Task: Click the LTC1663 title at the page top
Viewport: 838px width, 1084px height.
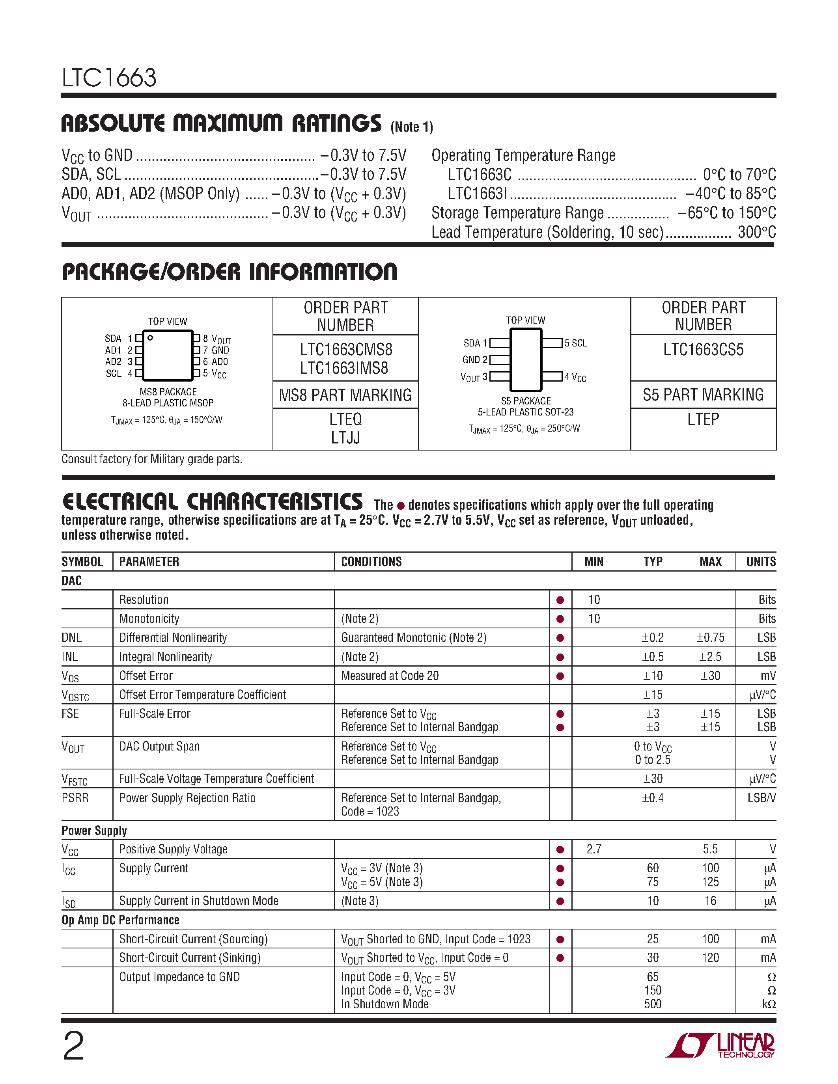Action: pos(109,78)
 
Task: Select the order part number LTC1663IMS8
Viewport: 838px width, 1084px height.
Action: pos(343,368)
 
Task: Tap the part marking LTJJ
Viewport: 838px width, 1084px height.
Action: pos(345,438)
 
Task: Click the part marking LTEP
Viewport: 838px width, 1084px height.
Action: pos(703,419)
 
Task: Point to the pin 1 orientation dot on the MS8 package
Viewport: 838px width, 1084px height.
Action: pos(150,338)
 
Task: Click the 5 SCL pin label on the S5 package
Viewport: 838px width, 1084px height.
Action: pos(575,343)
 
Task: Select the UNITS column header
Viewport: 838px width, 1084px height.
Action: pos(761,562)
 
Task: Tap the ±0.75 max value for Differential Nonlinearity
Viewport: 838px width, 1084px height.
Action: pos(710,638)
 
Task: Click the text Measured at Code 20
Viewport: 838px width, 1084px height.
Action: pos(390,676)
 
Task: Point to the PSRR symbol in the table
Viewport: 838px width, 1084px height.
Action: pos(75,798)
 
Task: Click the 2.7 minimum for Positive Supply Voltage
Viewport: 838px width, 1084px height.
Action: pos(594,849)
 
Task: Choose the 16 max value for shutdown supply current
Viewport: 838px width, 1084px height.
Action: pos(710,901)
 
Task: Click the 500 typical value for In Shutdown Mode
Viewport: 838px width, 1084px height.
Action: pos(652,1004)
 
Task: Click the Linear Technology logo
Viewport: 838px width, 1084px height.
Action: pos(720,1045)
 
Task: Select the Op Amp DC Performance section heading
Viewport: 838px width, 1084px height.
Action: pos(120,920)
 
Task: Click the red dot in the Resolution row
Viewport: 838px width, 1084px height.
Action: pos(560,600)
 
